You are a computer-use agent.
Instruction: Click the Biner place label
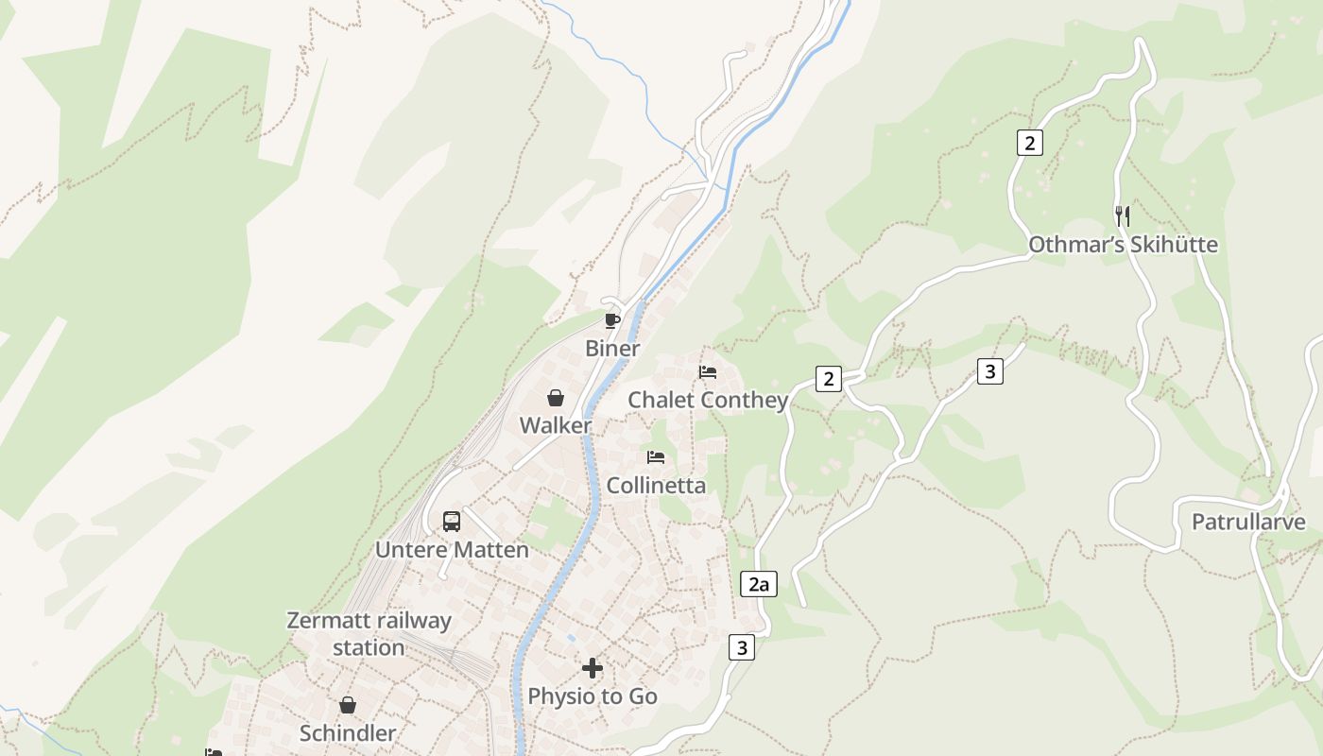pos(612,348)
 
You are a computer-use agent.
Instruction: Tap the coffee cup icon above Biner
pos(612,320)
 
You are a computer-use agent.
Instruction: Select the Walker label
pos(556,425)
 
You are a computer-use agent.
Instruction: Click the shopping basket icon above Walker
pos(556,398)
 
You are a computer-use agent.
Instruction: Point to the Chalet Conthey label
pos(708,400)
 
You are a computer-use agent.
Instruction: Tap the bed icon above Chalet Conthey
pos(708,372)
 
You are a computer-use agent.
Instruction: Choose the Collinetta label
pos(656,485)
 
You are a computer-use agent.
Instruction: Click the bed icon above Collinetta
pos(656,457)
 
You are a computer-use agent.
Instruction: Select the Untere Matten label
pos(452,549)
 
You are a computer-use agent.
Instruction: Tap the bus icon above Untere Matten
pos(452,521)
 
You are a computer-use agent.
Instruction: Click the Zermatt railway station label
pos(369,634)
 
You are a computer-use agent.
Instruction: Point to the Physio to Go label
pos(593,696)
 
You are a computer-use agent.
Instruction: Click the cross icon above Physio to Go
pos(593,668)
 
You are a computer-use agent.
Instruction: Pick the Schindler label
pos(348,732)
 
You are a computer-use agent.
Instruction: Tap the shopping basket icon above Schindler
pos(348,705)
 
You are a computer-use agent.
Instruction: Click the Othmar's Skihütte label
pos(1123,245)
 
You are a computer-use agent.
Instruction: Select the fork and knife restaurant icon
pos(1123,215)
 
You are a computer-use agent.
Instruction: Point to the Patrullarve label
pos(1248,522)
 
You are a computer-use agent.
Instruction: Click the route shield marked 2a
pos(758,584)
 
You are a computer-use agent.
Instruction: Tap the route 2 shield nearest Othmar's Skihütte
pos(1029,143)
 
